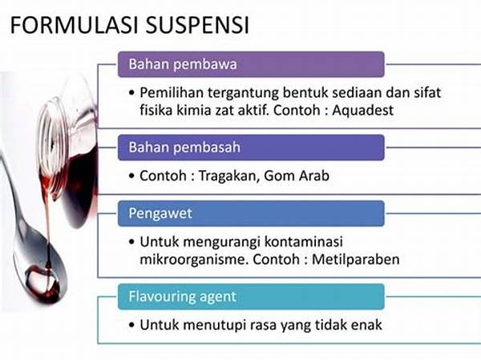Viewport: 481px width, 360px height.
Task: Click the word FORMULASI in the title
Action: [x=75, y=24]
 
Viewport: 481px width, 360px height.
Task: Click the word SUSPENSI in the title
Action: [x=197, y=24]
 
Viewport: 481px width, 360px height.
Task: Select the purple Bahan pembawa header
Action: [x=251, y=64]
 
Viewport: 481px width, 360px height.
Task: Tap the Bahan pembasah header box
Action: [x=251, y=148]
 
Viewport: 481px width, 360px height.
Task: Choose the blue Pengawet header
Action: [x=251, y=213]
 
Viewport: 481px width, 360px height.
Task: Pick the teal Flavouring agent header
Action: [x=251, y=297]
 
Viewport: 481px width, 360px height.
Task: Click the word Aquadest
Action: [x=363, y=110]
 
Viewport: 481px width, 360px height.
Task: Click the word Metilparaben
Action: [x=356, y=259]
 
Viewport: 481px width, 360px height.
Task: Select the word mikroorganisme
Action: [x=194, y=260]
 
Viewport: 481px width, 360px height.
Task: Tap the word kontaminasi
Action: [x=303, y=241]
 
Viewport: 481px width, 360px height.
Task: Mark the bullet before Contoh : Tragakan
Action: [x=132, y=176]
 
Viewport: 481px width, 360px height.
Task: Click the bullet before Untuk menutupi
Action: [x=132, y=325]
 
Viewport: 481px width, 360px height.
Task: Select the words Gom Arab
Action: [x=297, y=176]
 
